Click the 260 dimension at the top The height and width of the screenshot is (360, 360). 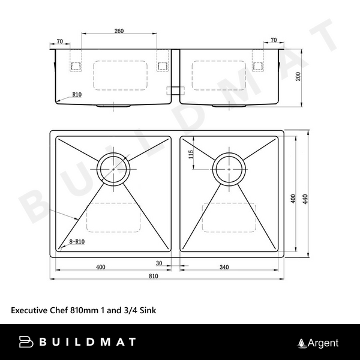tap(118, 31)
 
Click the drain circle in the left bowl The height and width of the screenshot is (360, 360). tap(114, 169)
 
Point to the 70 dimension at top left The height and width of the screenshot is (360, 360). tap(59, 41)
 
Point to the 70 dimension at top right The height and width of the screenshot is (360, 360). tap(273, 41)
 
